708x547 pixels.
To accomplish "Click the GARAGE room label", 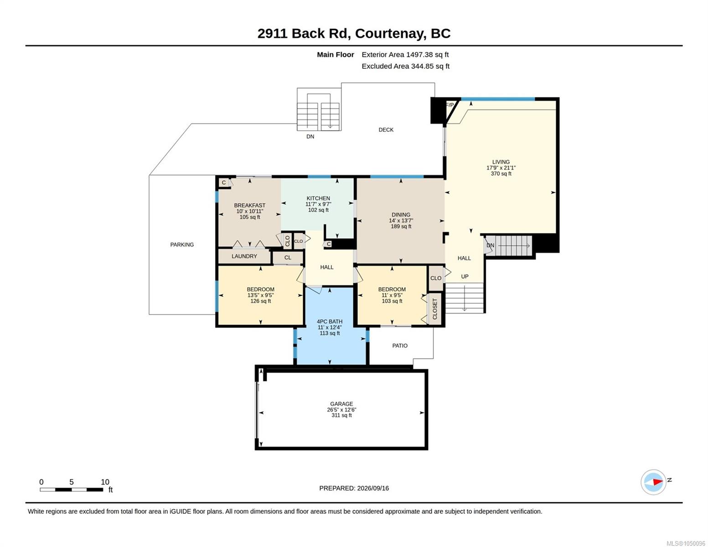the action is tap(341, 404).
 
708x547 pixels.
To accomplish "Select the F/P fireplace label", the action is tap(450, 105).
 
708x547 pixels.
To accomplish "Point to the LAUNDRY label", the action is tap(244, 256).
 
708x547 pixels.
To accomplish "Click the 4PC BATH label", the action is tap(330, 321).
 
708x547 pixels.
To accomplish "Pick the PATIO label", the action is tap(399, 346).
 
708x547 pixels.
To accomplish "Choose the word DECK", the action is tap(386, 129).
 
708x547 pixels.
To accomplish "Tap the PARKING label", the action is tap(182, 245).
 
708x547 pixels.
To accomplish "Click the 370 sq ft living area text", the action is tap(501, 174).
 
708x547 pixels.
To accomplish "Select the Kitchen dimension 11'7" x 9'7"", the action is tap(318, 204).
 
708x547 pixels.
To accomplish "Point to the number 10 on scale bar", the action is tap(105, 482).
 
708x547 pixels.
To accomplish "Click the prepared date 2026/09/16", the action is tap(373, 488).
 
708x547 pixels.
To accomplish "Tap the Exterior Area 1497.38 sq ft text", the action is tap(405, 55).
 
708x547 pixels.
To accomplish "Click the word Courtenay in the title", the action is tap(390, 34).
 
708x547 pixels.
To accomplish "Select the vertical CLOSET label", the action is tap(434, 309).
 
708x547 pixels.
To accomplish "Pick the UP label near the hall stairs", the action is tap(465, 277).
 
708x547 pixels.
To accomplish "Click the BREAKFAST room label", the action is tap(249, 205).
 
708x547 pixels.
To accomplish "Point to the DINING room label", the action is tap(401, 215).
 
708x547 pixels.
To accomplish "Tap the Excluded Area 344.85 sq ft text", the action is tap(405, 66).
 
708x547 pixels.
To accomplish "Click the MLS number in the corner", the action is tap(686, 543).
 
